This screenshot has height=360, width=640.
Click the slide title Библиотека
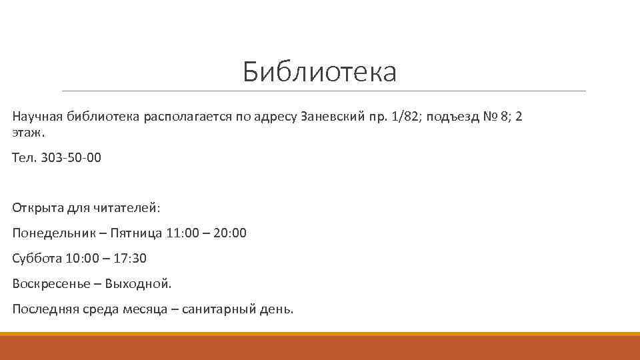(319, 72)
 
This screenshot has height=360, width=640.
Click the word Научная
(37, 117)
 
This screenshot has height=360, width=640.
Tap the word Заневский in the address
(332, 117)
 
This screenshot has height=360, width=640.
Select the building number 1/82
(407, 117)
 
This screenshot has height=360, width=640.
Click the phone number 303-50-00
(71, 158)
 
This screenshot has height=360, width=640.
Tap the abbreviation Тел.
(24, 158)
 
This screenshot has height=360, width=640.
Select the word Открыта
(37, 207)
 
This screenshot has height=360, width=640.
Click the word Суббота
(37, 258)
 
